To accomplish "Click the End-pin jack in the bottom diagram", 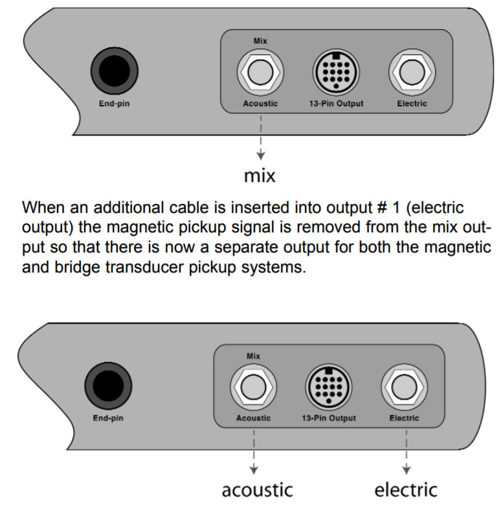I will tap(107, 388).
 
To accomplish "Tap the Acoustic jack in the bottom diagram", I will tap(253, 388).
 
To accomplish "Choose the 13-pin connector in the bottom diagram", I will tap(329, 388).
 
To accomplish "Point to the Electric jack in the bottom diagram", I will tap(404, 388).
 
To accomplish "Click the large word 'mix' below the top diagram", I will tap(260, 176).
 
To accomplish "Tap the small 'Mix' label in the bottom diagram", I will tap(254, 356).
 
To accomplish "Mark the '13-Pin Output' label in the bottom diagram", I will tap(328, 418).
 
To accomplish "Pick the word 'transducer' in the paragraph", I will tap(180, 267).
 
